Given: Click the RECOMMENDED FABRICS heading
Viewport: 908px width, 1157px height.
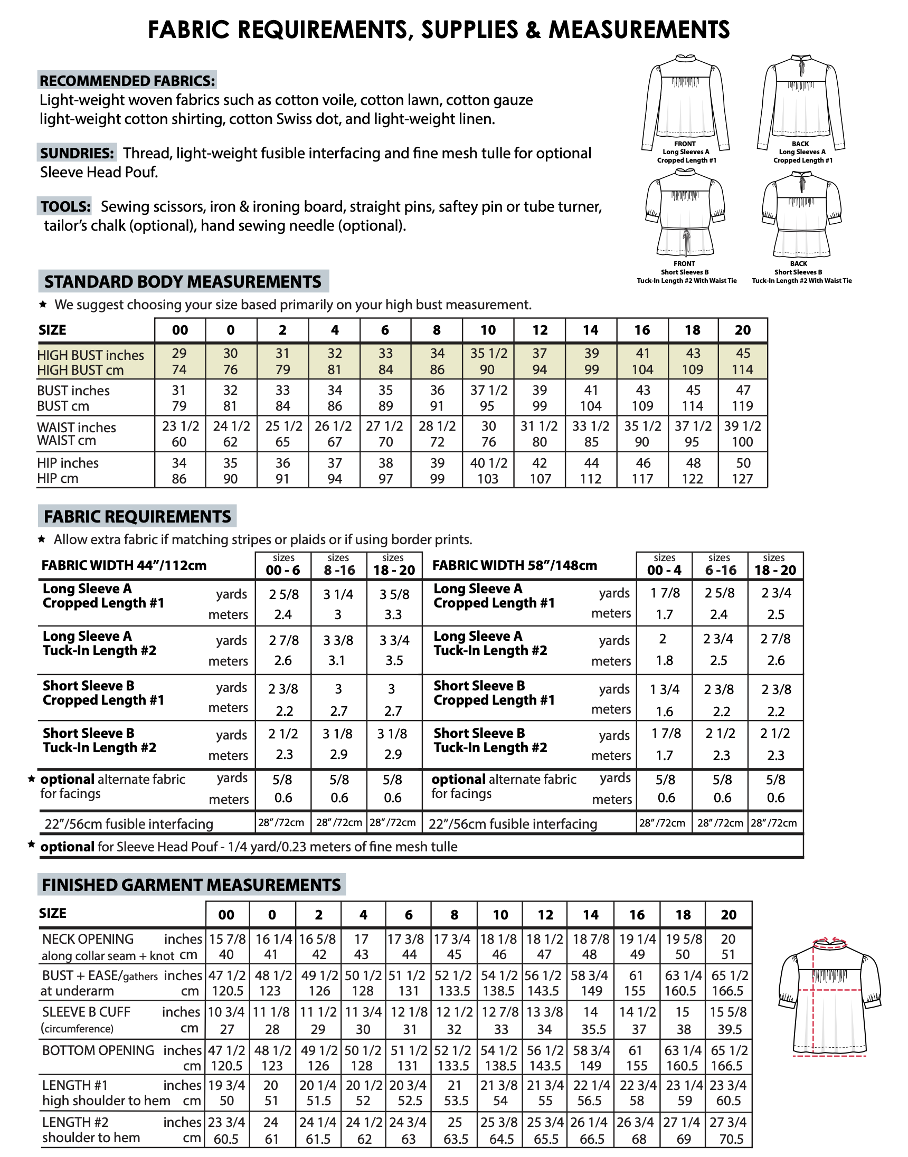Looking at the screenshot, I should pos(127,81).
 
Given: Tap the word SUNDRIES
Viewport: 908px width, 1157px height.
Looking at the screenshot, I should pos(77,153).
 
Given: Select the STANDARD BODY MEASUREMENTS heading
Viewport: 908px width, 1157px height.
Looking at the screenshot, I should pos(183,281).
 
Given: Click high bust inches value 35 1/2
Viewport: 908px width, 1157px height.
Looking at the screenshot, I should pos(488,354).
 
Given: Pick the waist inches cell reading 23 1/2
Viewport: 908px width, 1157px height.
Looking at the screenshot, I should pos(180,426).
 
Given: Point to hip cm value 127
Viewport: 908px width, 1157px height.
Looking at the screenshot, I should pos(742,479).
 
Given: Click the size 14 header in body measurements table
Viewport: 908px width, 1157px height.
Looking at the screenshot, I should pos(591,330).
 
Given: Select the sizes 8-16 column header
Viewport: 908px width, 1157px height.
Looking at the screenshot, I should pos(338,566).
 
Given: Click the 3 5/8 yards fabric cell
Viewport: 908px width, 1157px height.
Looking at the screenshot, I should pos(394,594).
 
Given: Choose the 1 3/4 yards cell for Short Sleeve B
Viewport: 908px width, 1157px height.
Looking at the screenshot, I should pos(665,689).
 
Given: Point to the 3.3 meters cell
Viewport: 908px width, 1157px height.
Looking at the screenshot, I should pos(393,615).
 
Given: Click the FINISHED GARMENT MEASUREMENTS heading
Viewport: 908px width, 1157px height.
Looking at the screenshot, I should pos(191,885).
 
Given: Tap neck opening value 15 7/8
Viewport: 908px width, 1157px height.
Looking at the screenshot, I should pos(227,939).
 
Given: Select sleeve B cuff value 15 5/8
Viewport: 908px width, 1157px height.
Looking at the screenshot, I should pos(728,1012).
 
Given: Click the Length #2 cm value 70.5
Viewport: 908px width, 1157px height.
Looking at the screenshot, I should pos(731,1139).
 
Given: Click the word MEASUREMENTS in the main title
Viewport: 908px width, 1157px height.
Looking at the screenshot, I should pos(639,30).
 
